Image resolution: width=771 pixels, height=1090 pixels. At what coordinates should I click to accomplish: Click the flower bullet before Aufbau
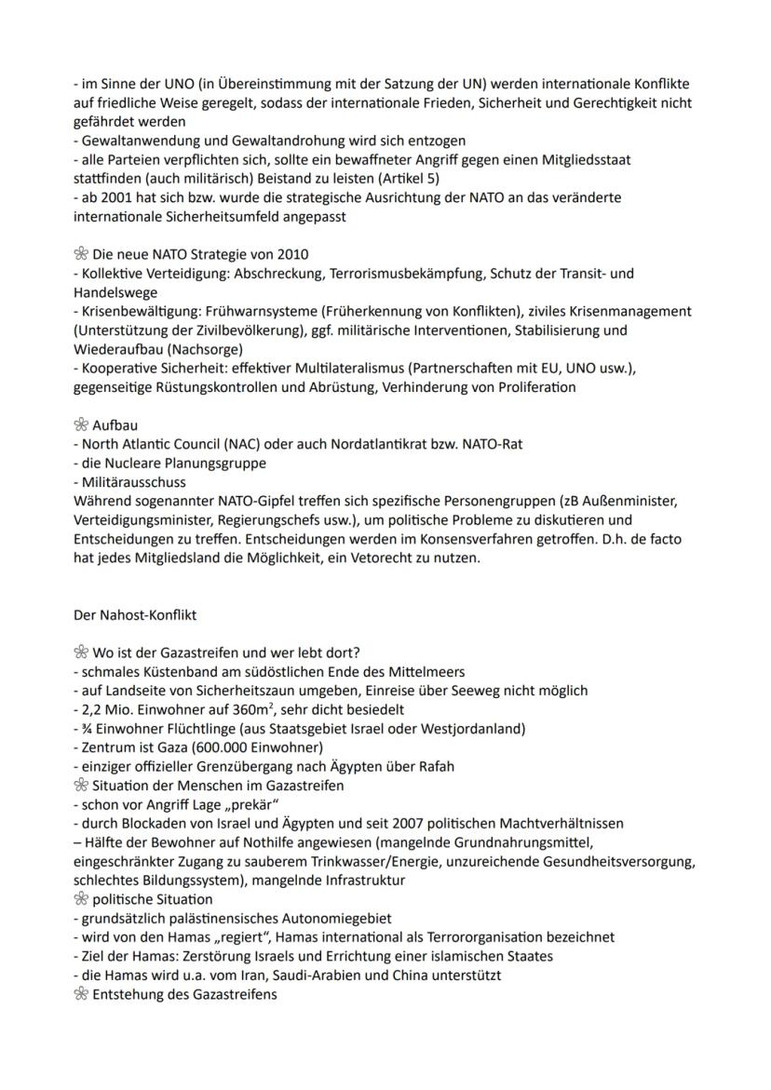tap(80, 424)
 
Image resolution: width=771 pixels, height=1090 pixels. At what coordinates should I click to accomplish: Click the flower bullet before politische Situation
tap(80, 899)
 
